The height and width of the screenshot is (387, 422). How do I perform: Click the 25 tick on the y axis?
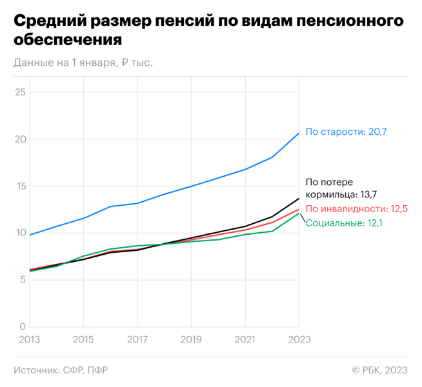[x=20, y=92]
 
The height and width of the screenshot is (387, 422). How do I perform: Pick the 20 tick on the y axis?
[x=20, y=139]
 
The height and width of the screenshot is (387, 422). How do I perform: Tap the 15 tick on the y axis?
[x=20, y=186]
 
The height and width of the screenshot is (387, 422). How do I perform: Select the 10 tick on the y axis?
[x=20, y=233]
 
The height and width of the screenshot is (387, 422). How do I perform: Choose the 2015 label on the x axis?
[x=83, y=339]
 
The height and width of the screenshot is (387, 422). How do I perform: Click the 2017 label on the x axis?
[x=137, y=339]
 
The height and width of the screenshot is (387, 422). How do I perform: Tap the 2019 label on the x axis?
[x=191, y=339]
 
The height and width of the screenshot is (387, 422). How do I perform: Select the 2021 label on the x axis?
[x=245, y=339]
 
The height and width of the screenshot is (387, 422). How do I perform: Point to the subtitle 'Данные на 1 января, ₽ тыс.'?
[x=83, y=63]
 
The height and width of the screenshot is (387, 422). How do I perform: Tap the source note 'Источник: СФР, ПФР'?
[x=60, y=370]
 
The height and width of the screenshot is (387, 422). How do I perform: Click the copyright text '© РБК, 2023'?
[x=380, y=370]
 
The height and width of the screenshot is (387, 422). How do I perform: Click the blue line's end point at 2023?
[x=299, y=134]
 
